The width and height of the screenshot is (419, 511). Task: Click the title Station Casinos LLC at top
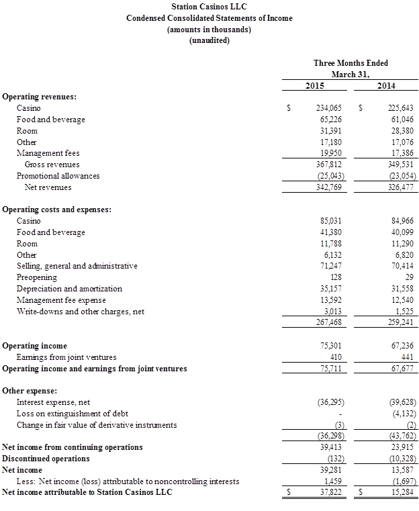click(x=209, y=7)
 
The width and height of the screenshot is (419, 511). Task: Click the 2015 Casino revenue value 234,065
click(x=329, y=108)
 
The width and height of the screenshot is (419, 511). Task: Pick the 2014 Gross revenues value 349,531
click(x=401, y=165)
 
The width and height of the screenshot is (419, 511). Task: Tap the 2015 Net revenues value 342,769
click(x=329, y=187)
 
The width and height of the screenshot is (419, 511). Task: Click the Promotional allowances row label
click(x=58, y=176)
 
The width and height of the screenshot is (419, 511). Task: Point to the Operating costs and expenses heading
click(x=57, y=210)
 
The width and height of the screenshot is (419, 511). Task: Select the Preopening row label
click(x=36, y=277)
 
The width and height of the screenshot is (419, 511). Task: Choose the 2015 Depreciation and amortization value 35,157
click(x=330, y=289)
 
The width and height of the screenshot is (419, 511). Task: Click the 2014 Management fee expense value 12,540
click(x=402, y=300)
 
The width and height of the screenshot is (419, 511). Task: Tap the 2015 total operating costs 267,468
click(x=329, y=323)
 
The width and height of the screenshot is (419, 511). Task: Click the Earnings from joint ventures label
click(x=66, y=357)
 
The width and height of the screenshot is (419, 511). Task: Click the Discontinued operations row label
click(x=46, y=459)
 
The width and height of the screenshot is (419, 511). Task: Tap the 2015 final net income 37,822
click(x=330, y=493)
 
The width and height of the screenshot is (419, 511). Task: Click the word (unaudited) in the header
click(x=209, y=40)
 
